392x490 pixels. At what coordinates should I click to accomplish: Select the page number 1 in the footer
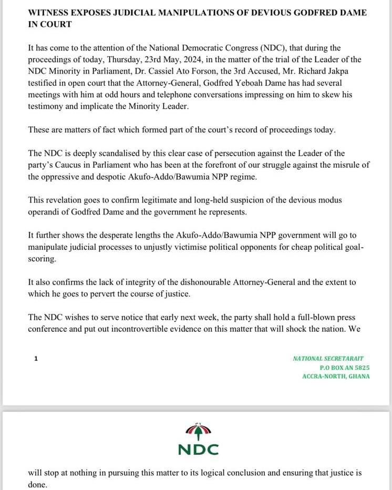pos(36,359)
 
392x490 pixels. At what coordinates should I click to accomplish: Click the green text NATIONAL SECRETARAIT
pos(328,359)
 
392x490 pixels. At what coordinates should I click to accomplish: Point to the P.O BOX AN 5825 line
pos(344,367)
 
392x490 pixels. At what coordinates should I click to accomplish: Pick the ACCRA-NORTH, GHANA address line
pos(336,376)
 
